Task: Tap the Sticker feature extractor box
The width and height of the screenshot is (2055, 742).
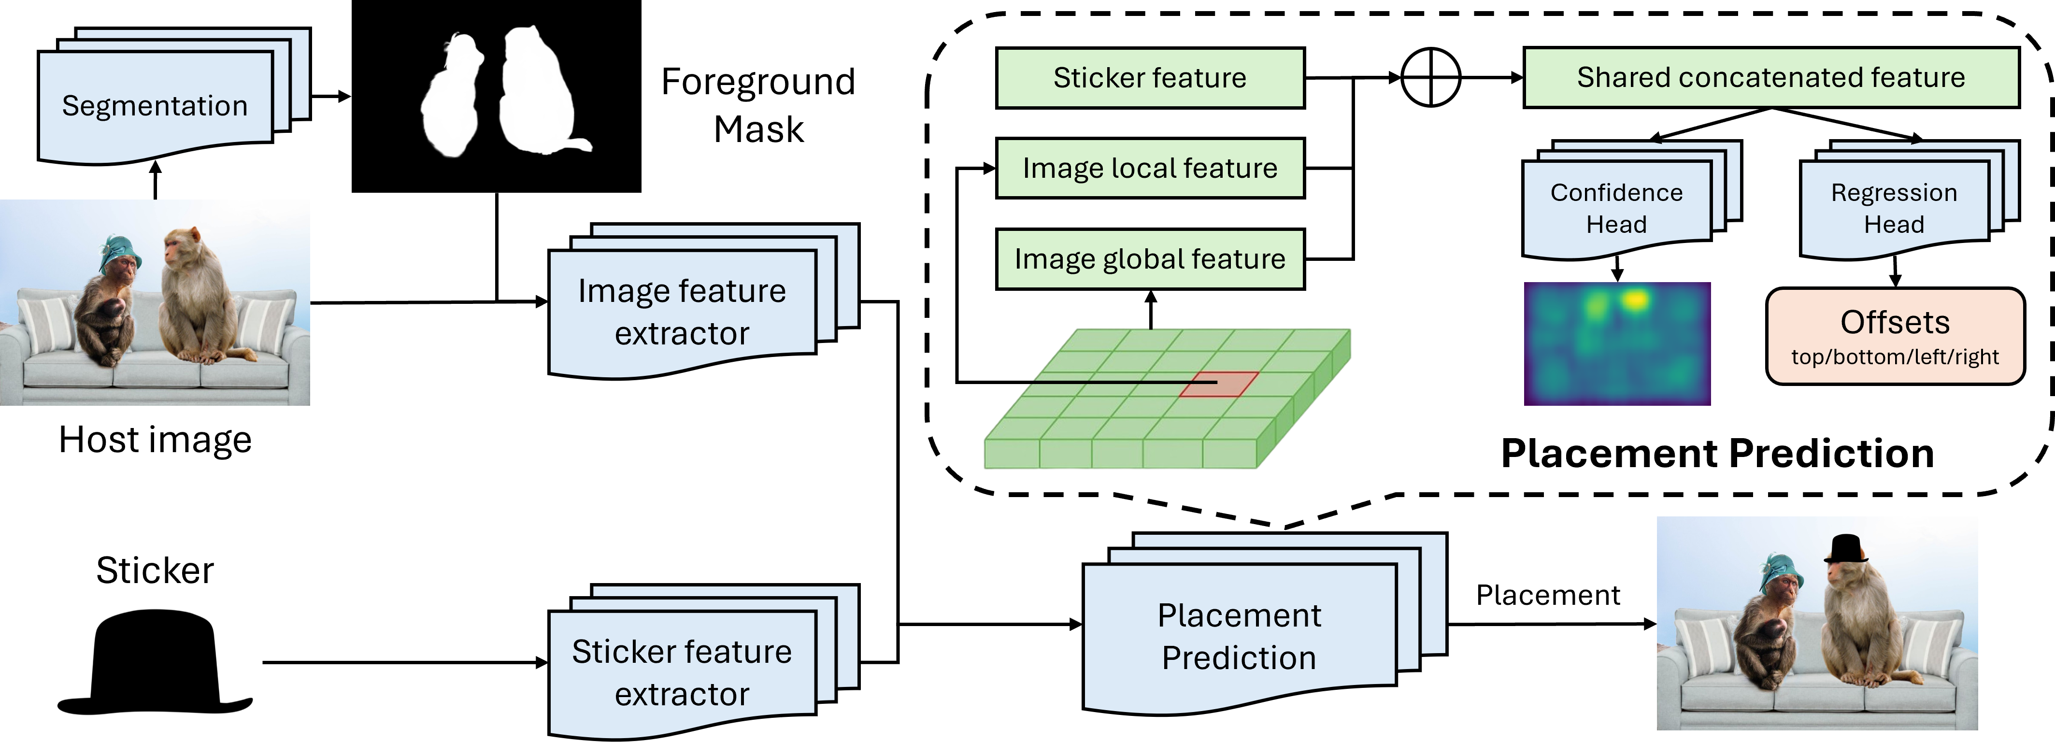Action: (x=682, y=672)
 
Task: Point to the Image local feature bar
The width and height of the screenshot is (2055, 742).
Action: (x=1150, y=168)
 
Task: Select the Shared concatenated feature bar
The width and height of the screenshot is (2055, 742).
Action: (x=1771, y=77)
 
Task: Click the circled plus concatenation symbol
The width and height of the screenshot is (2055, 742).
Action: (x=1430, y=77)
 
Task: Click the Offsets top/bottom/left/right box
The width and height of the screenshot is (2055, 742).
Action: (x=1895, y=336)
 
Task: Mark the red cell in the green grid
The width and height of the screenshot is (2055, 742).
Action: (x=1219, y=384)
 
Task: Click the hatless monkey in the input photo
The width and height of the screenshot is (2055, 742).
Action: (x=196, y=299)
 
